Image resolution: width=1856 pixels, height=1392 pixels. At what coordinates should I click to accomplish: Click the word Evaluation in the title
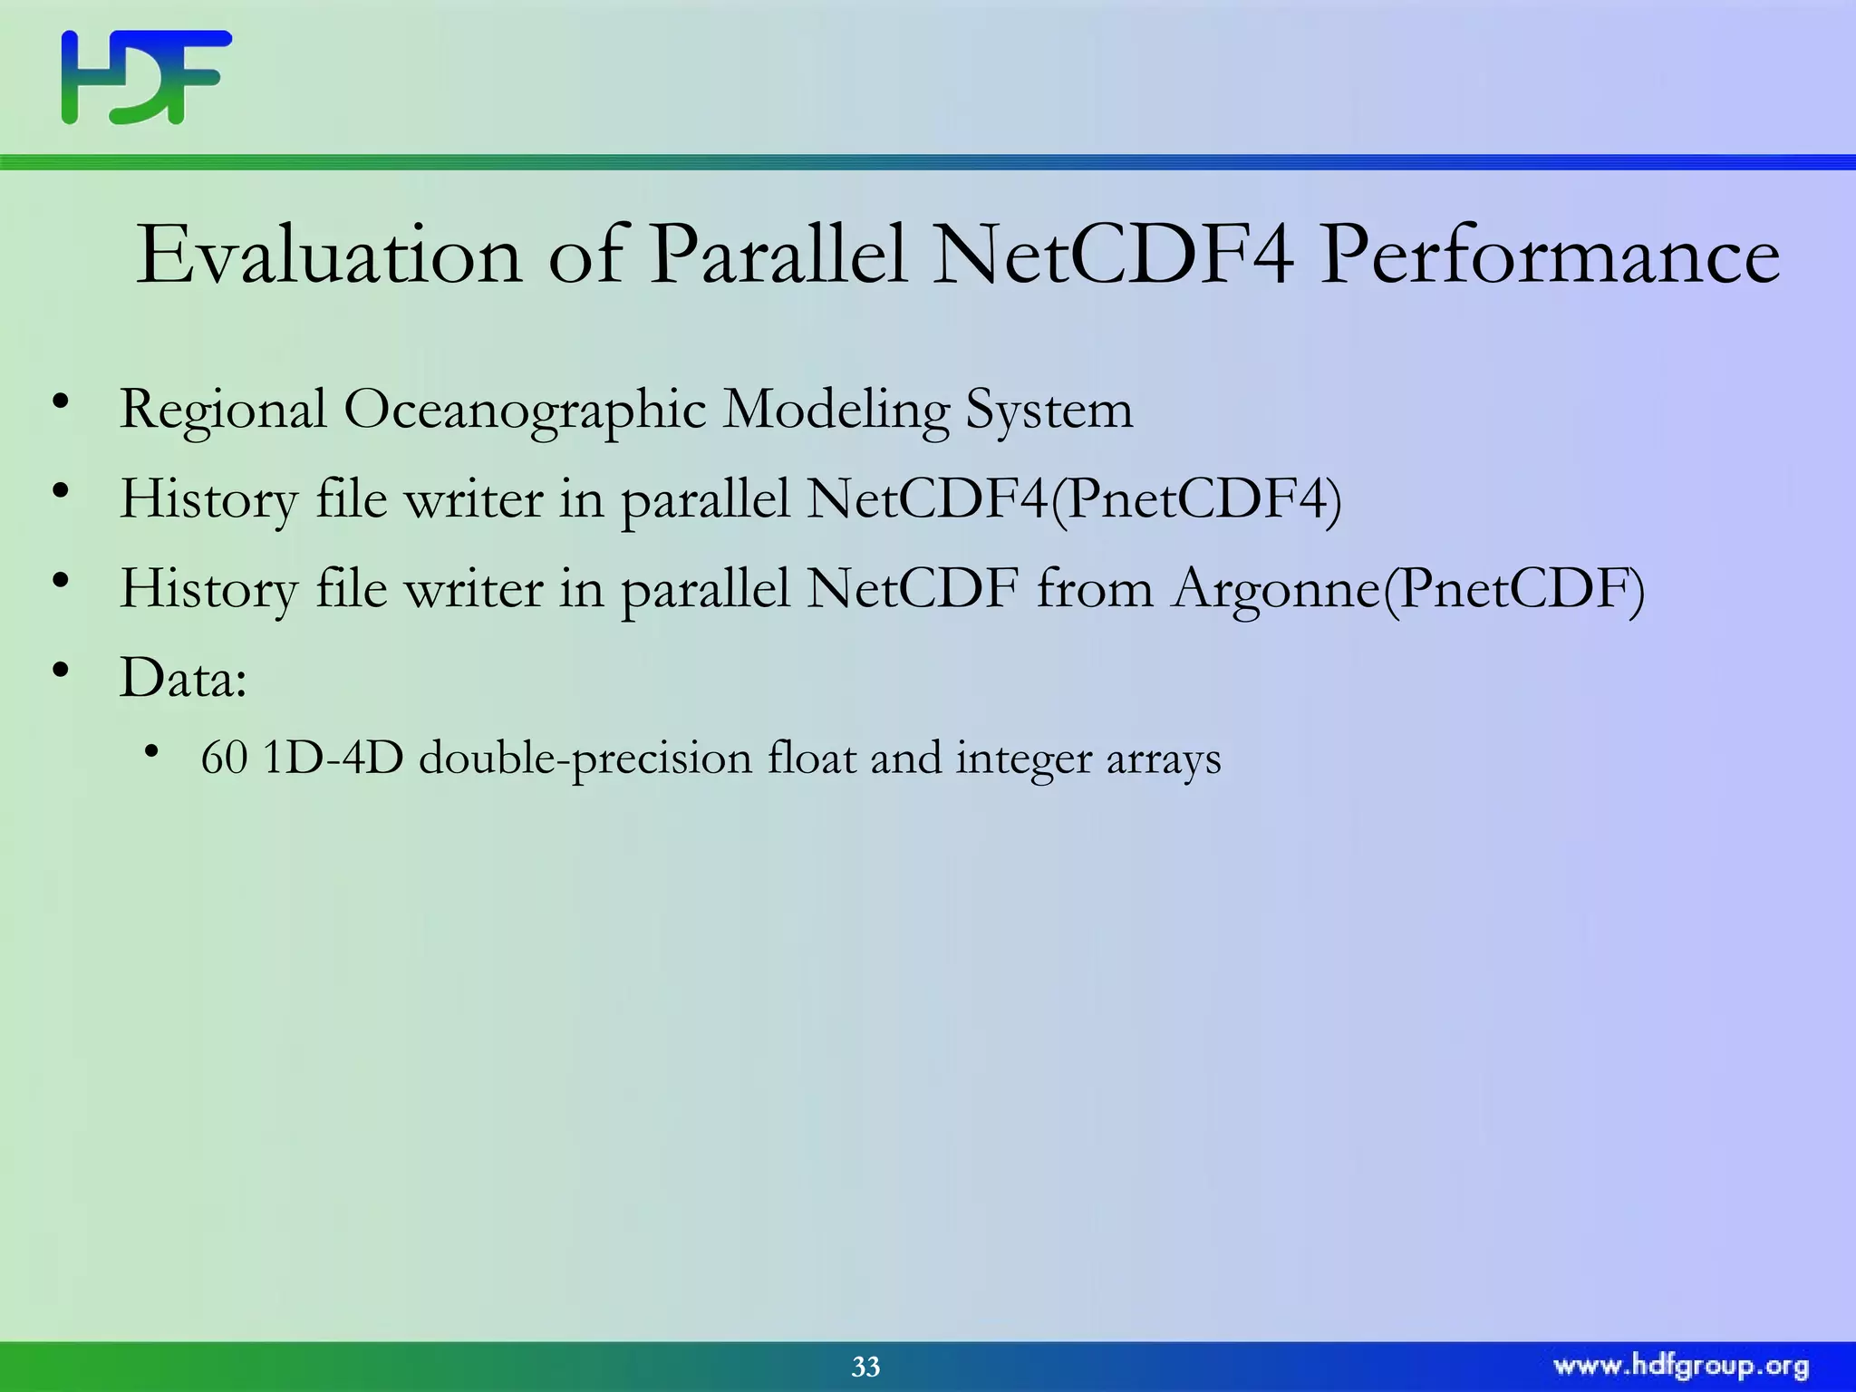328,256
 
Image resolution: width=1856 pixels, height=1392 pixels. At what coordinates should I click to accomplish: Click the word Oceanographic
524,411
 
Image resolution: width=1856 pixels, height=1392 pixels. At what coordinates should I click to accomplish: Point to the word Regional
223,411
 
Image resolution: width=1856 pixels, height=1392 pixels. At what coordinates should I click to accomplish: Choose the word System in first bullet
1049,411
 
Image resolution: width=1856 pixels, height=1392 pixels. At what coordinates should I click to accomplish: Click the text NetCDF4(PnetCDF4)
1073,499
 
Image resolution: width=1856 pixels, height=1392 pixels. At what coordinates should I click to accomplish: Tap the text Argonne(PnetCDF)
1407,589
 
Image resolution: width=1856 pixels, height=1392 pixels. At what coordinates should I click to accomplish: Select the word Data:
183,678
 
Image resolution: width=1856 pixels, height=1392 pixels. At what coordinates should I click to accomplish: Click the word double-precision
585,759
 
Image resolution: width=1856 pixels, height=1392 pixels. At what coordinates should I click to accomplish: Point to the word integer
1024,759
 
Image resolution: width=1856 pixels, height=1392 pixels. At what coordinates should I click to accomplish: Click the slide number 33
865,1367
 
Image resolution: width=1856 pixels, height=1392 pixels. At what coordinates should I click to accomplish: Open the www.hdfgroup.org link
1681,1366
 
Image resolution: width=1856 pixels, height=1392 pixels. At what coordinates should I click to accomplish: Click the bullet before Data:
61,671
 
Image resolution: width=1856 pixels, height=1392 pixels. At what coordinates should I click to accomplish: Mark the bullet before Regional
61,401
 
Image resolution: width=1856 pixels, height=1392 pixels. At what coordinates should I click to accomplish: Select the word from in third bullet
1095,589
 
